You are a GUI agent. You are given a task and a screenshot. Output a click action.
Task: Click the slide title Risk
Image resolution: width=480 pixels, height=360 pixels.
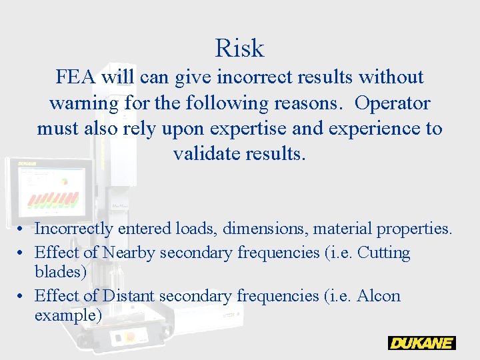(239, 48)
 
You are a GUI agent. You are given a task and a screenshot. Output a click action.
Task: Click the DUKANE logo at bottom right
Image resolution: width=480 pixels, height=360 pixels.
(421, 343)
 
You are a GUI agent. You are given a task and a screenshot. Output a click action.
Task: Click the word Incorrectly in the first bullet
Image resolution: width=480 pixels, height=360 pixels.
(74, 229)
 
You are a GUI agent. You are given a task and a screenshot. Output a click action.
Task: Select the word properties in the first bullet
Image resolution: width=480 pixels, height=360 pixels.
(414, 229)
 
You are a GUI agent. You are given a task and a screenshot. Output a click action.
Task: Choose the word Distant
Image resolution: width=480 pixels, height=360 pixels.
(131, 295)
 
